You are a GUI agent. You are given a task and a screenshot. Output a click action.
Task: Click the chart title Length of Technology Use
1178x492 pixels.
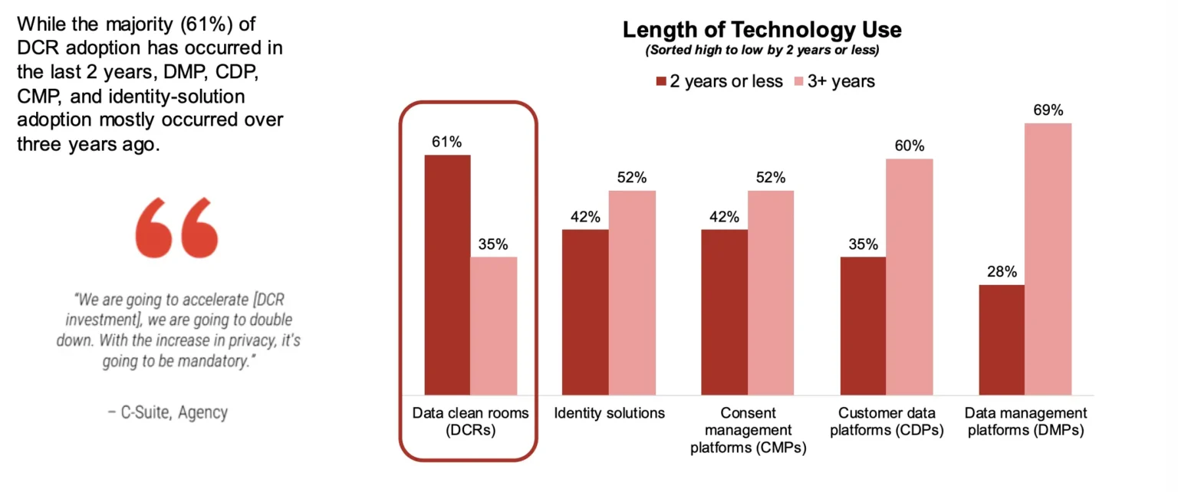click(x=762, y=30)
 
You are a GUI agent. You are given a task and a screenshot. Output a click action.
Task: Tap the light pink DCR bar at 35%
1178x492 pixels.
click(x=494, y=326)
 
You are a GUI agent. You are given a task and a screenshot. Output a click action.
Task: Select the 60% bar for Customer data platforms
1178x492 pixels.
click(x=910, y=277)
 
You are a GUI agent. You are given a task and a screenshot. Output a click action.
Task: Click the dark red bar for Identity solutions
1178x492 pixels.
click(x=585, y=312)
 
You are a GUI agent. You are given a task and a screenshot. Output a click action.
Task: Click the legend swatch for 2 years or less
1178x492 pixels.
click(x=660, y=81)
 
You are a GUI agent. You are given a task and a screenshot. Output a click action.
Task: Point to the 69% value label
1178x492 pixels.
click(x=1048, y=110)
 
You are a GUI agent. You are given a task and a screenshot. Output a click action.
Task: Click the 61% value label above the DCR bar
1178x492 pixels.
click(x=447, y=142)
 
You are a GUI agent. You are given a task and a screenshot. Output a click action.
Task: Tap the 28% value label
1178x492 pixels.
click(x=1002, y=272)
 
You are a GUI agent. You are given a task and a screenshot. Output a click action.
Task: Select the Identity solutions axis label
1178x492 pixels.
click(x=610, y=413)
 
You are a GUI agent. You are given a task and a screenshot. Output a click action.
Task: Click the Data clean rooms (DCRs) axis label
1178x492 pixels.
click(x=471, y=421)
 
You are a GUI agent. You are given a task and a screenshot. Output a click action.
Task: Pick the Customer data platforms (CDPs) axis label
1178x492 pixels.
click(x=887, y=421)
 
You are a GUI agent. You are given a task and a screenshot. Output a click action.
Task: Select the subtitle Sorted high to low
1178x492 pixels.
click(x=762, y=51)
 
